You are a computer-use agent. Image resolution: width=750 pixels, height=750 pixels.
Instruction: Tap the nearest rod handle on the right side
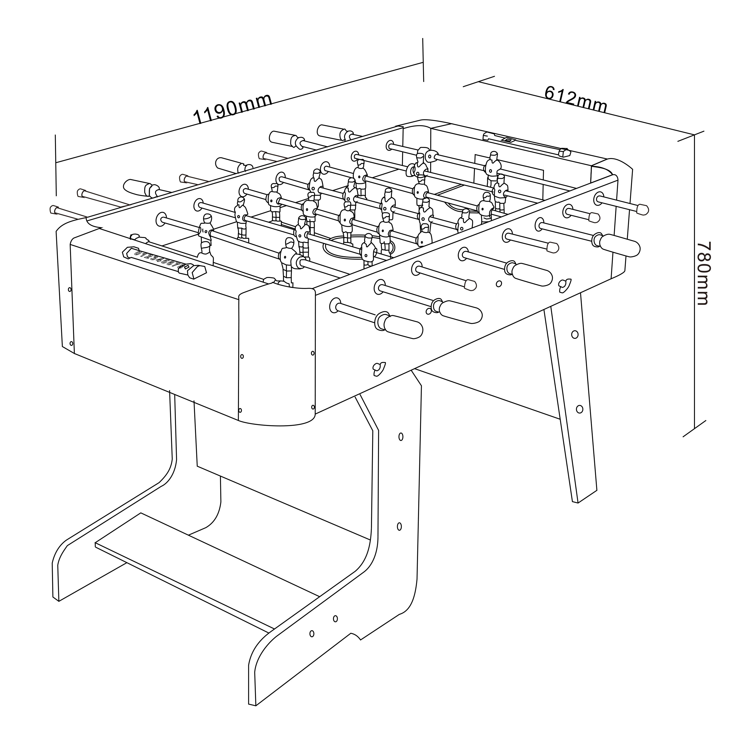(404, 326)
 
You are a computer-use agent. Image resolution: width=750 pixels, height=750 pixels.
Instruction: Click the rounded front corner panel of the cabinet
(276, 357)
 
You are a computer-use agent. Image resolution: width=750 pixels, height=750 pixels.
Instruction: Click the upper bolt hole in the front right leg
(401, 437)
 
